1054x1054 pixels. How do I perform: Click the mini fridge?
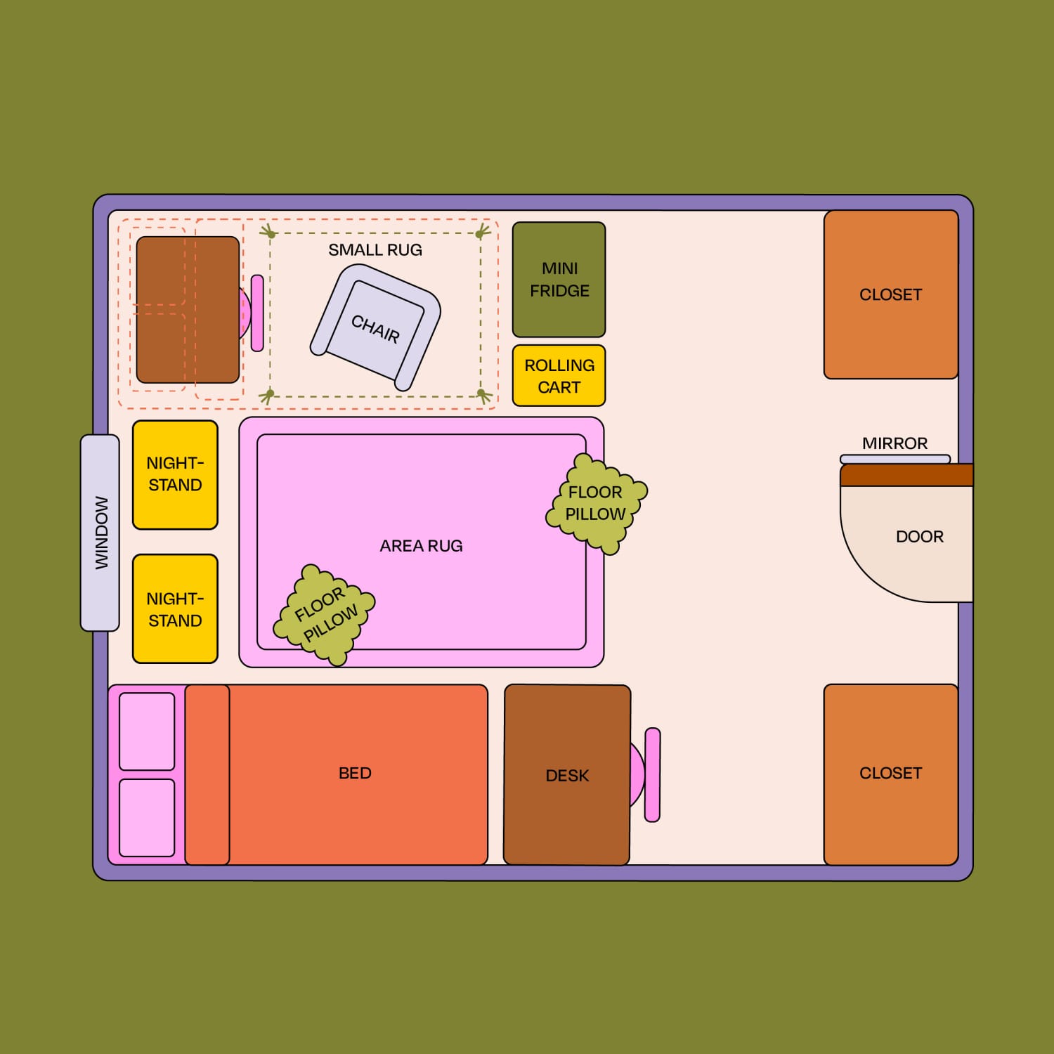(559, 280)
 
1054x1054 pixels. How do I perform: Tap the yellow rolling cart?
(559, 376)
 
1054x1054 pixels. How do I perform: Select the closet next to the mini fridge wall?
(891, 294)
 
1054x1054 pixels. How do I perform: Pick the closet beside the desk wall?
(891, 774)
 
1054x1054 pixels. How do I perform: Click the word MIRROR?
(894, 443)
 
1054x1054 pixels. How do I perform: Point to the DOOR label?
(919, 537)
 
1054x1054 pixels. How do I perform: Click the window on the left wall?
(100, 533)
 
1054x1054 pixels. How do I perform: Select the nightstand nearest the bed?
(175, 609)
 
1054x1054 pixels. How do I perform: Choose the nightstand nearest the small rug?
(175, 474)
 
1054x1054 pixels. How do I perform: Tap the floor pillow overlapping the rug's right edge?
(596, 503)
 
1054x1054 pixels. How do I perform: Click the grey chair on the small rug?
(376, 327)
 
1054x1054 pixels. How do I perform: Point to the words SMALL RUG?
(375, 250)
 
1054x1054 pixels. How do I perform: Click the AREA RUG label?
(421, 546)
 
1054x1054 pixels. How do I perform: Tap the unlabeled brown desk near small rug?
(188, 310)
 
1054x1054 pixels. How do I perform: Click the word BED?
(355, 774)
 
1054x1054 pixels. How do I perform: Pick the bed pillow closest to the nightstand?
(147, 731)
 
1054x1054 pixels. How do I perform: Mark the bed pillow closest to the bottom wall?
(147, 817)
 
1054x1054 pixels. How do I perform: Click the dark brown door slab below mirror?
(906, 475)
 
